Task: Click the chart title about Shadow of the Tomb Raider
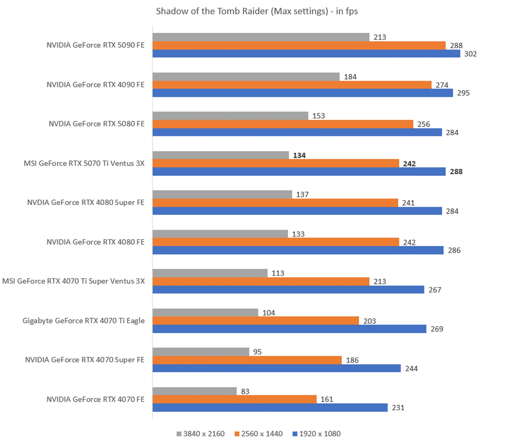tap(257, 11)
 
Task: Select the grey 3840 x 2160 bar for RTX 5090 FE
tap(261, 37)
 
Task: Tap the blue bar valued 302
tap(306, 54)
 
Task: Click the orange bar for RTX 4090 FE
tap(292, 85)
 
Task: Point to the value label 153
tap(318, 116)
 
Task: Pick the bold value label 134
tap(299, 155)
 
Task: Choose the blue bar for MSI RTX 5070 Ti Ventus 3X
tap(299, 172)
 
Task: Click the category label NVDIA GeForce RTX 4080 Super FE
tap(86, 202)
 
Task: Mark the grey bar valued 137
tap(222, 194)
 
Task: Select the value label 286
tap(454, 250)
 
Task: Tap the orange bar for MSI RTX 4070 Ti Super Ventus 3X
tap(261, 281)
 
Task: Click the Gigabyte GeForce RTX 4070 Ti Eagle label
tap(83, 321)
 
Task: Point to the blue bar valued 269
tap(289, 329)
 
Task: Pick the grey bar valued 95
tap(201, 352)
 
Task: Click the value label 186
tap(352, 360)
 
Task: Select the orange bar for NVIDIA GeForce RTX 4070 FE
tap(234, 399)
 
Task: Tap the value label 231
tap(398, 408)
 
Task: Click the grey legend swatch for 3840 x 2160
tap(179, 434)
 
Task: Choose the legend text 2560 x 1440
tap(262, 434)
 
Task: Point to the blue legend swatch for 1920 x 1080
tap(295, 434)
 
